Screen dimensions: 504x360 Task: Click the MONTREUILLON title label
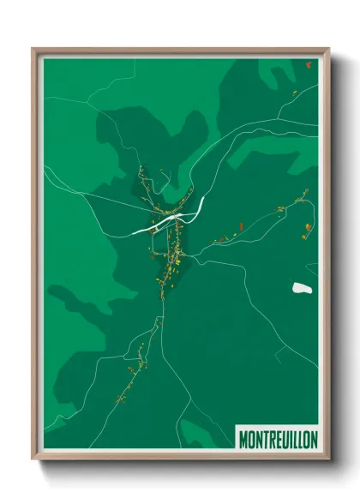click(x=276, y=438)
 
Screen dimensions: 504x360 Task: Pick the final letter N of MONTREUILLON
click(x=313, y=438)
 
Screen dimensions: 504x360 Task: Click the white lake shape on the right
click(x=300, y=287)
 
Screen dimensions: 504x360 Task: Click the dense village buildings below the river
click(x=171, y=253)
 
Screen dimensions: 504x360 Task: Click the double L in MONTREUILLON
click(x=297, y=438)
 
